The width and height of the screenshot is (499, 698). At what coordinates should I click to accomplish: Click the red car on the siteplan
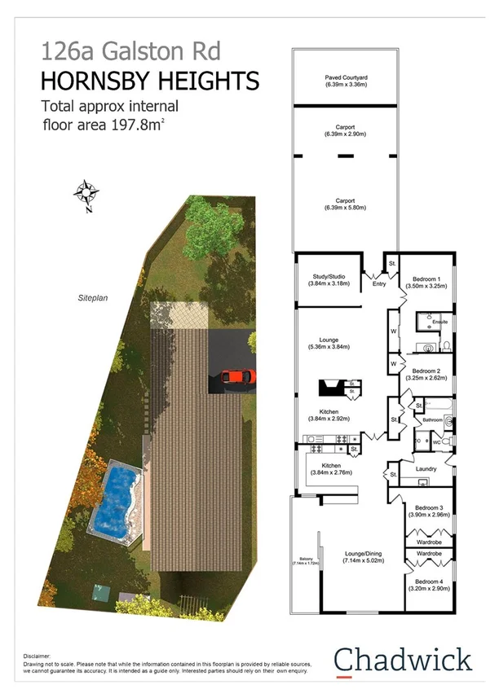237,377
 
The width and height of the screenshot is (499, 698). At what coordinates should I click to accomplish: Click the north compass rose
86,194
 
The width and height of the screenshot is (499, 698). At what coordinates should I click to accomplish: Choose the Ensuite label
439,322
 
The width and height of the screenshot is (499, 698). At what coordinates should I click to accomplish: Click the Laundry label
426,468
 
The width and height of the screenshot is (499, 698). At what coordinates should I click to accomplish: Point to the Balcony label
307,560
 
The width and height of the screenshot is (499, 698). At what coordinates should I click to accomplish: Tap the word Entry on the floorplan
378,284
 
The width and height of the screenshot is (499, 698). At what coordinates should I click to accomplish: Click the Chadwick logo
403,661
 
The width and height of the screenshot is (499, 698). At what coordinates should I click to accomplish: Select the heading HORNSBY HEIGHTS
149,81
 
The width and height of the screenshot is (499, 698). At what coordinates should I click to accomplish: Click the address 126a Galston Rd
118,53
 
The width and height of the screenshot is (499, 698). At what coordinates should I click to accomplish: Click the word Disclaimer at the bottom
38,654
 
